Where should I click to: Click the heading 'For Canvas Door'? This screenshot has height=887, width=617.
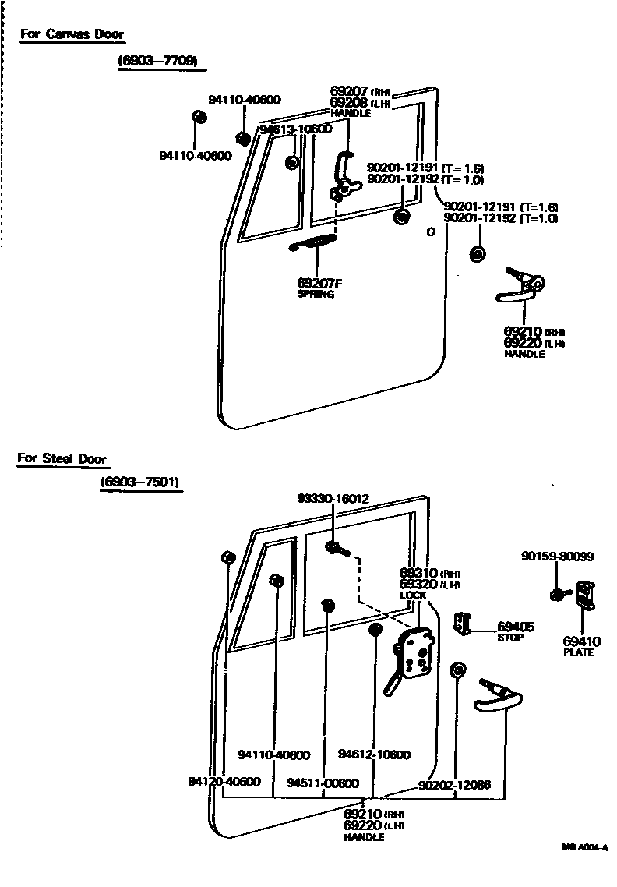72,34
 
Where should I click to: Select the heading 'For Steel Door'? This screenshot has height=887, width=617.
62,458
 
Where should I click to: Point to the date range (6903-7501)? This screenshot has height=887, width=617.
140,483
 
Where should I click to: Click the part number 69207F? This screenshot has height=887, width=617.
319,283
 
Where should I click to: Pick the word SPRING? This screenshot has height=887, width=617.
316,295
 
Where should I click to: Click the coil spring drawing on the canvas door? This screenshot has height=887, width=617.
313,243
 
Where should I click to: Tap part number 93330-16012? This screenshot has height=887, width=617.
333,498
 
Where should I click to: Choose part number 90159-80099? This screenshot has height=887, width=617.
557,556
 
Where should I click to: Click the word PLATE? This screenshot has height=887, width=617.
578,652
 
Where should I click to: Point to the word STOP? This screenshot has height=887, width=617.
510,637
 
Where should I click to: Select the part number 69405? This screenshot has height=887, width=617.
515,626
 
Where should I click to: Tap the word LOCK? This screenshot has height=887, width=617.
413,595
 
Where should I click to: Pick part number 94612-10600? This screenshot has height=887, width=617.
374,754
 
